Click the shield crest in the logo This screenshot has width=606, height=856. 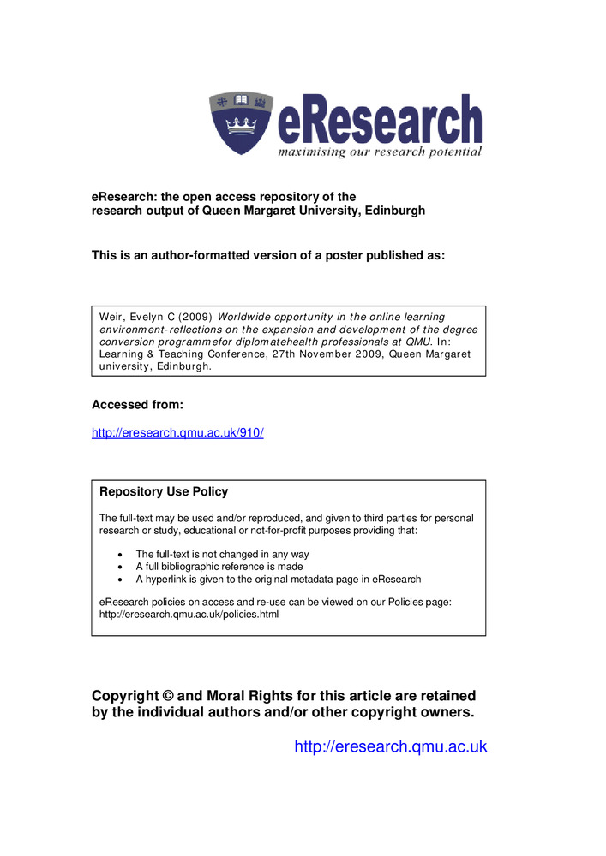pyautogui.click(x=242, y=123)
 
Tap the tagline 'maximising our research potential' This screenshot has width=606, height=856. pyautogui.click(x=379, y=152)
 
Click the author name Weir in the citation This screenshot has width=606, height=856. pyautogui.click(x=112, y=317)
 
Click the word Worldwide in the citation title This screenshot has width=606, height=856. pyautogui.click(x=247, y=317)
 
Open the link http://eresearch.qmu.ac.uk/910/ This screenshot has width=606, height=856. pyautogui.click(x=177, y=433)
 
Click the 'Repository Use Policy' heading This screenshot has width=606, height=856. pyautogui.click(x=164, y=492)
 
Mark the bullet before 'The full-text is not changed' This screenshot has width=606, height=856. pyautogui.click(x=119, y=555)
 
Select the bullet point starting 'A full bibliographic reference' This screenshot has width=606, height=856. pyautogui.click(x=219, y=567)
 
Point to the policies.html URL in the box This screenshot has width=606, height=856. pyautogui.click(x=189, y=615)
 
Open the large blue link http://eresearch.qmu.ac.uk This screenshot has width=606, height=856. pyautogui.click(x=390, y=746)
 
